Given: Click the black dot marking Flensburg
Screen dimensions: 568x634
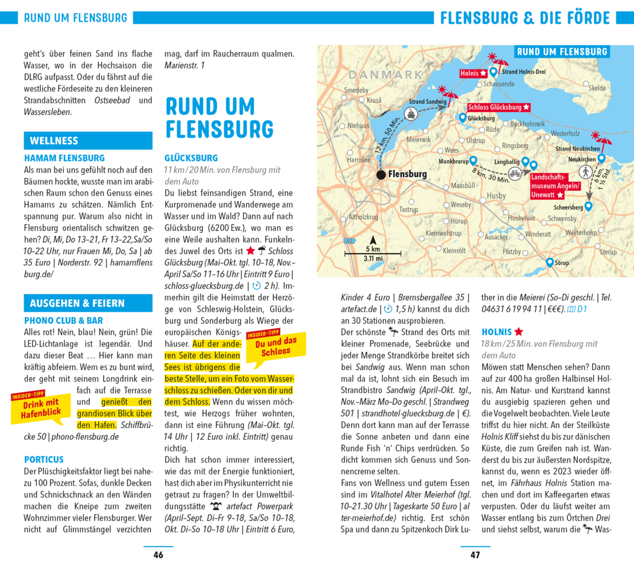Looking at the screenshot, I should pyautogui.click(x=381, y=174).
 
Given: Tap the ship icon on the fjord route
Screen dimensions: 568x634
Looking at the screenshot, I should pyautogui.click(x=410, y=114).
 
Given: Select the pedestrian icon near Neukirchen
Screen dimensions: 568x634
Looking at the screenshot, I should pyautogui.click(x=585, y=172).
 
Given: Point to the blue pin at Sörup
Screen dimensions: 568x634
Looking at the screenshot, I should pyautogui.click(x=549, y=262).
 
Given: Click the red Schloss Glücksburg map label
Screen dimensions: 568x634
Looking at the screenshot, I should pyautogui.click(x=499, y=107).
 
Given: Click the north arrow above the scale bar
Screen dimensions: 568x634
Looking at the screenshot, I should pyautogui.click(x=373, y=240).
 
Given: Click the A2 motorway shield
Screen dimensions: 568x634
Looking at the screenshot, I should pyautogui.click(x=351, y=241).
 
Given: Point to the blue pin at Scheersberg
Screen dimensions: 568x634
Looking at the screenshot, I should pyautogui.click(x=589, y=206).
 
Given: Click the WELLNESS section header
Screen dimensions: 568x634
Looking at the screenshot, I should pyautogui.click(x=88, y=141).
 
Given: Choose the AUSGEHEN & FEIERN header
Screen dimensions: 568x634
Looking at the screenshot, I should pyautogui.click(x=88, y=303).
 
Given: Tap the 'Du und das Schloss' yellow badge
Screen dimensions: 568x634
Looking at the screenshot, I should pyautogui.click(x=276, y=346).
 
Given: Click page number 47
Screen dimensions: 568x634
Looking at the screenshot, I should pyautogui.click(x=475, y=555).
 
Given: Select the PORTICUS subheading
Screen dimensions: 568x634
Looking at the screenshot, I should pyautogui.click(x=44, y=459).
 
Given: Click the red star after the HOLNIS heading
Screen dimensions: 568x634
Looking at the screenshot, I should pyautogui.click(x=519, y=332).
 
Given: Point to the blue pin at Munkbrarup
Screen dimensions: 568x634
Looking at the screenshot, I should pyautogui.click(x=473, y=161).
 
